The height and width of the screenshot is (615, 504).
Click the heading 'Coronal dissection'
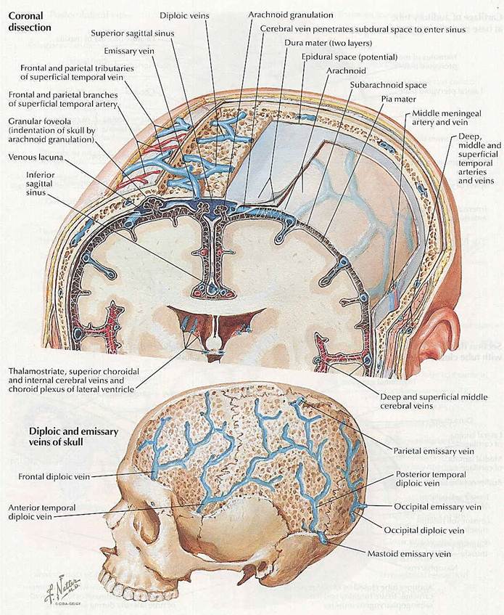coord(30,20)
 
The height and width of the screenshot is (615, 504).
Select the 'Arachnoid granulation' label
coord(290,15)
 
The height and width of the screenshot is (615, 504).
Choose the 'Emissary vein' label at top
coord(128,51)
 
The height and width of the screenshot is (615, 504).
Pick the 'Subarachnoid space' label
coord(388,85)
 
